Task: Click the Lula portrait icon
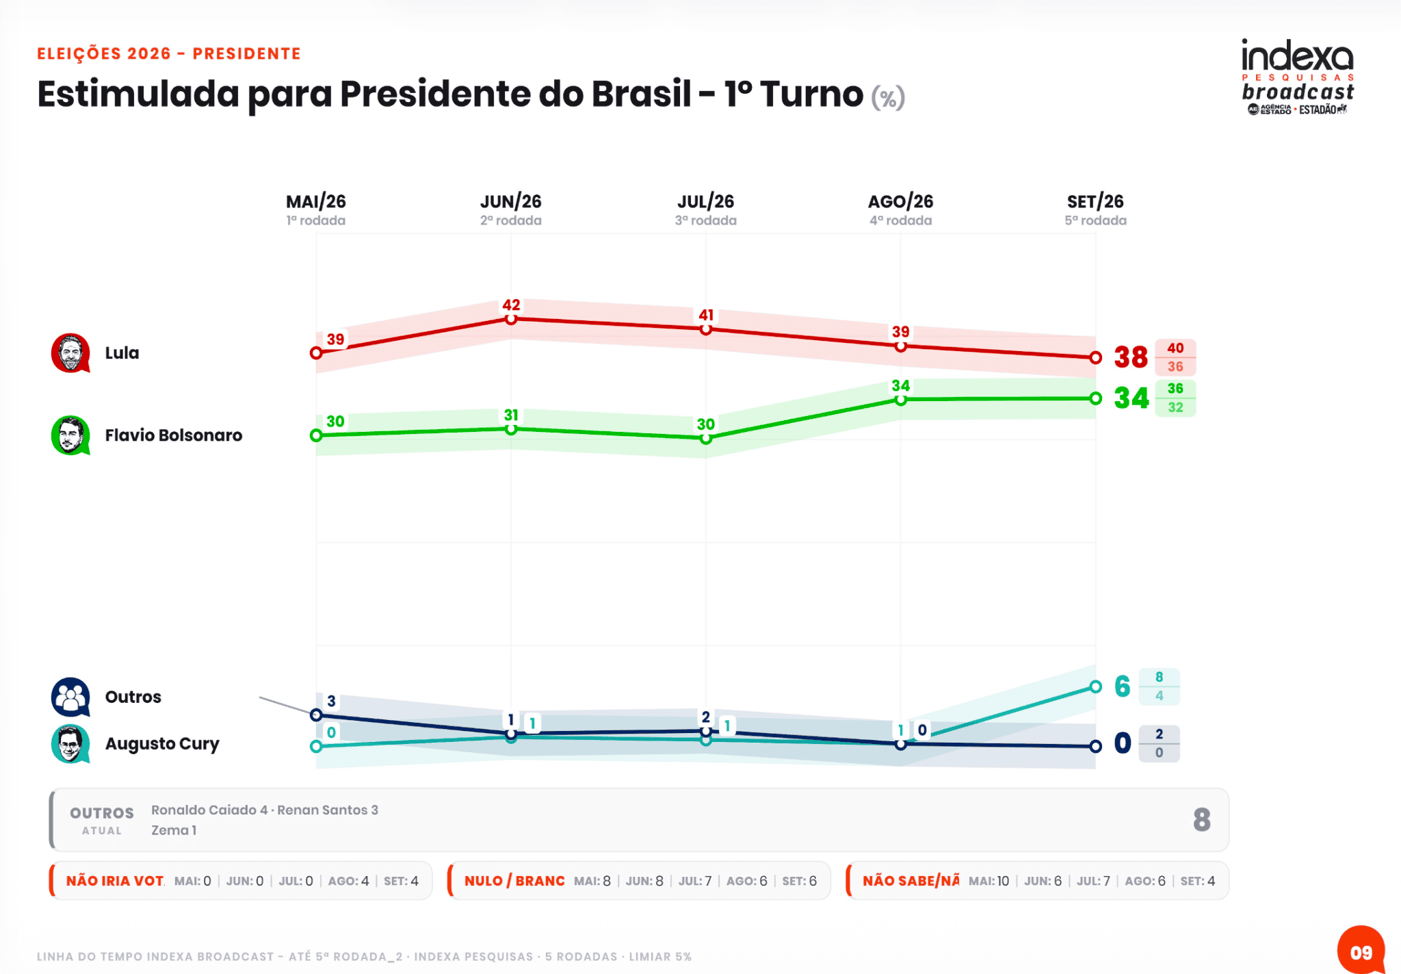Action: point(70,353)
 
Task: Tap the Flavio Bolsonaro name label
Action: point(174,435)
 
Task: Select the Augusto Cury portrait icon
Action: point(70,744)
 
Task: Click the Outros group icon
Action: point(70,697)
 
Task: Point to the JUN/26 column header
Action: point(511,201)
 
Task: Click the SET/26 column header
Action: point(1095,201)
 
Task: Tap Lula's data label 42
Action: point(511,305)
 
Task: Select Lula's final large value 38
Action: point(1131,357)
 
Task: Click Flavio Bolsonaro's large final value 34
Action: point(1131,398)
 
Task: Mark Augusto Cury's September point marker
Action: point(1095,687)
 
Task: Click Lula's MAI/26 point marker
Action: point(316,353)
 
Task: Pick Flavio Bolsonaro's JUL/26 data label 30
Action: point(706,424)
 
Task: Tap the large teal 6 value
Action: point(1122,687)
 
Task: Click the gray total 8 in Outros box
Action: point(1202,820)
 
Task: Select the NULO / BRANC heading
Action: point(514,881)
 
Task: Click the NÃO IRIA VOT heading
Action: point(115,881)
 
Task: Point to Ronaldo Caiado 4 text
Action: point(209,810)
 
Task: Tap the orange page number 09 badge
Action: point(1361,951)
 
